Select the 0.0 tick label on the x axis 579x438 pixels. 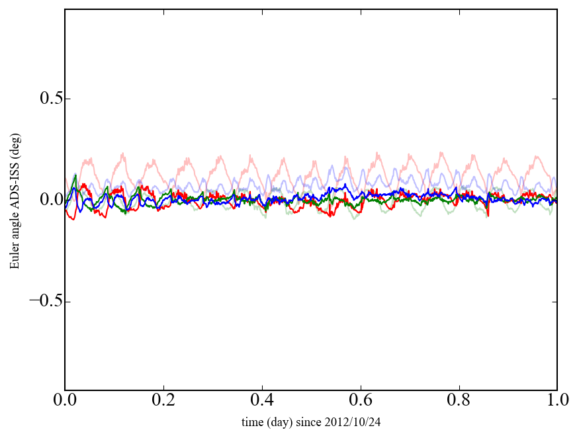[65, 401]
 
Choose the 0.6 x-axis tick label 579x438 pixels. [361, 401]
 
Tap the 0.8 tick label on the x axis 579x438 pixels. [459, 401]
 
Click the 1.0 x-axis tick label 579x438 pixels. [557, 401]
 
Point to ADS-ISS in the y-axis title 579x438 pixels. [15, 183]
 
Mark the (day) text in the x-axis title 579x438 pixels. [283, 421]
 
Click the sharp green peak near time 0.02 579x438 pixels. [75, 175]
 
